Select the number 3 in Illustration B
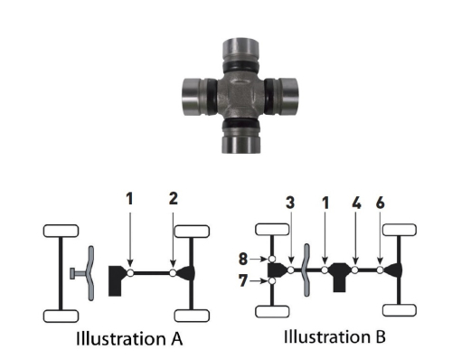(290, 204)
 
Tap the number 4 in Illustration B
(357, 204)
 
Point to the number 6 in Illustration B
(381, 204)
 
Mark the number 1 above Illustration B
(325, 204)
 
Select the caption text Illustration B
(335, 337)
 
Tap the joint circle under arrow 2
(173, 270)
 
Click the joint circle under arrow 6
(381, 269)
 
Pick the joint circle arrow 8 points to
(271, 259)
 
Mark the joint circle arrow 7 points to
(271, 281)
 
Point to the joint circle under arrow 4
(357, 269)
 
